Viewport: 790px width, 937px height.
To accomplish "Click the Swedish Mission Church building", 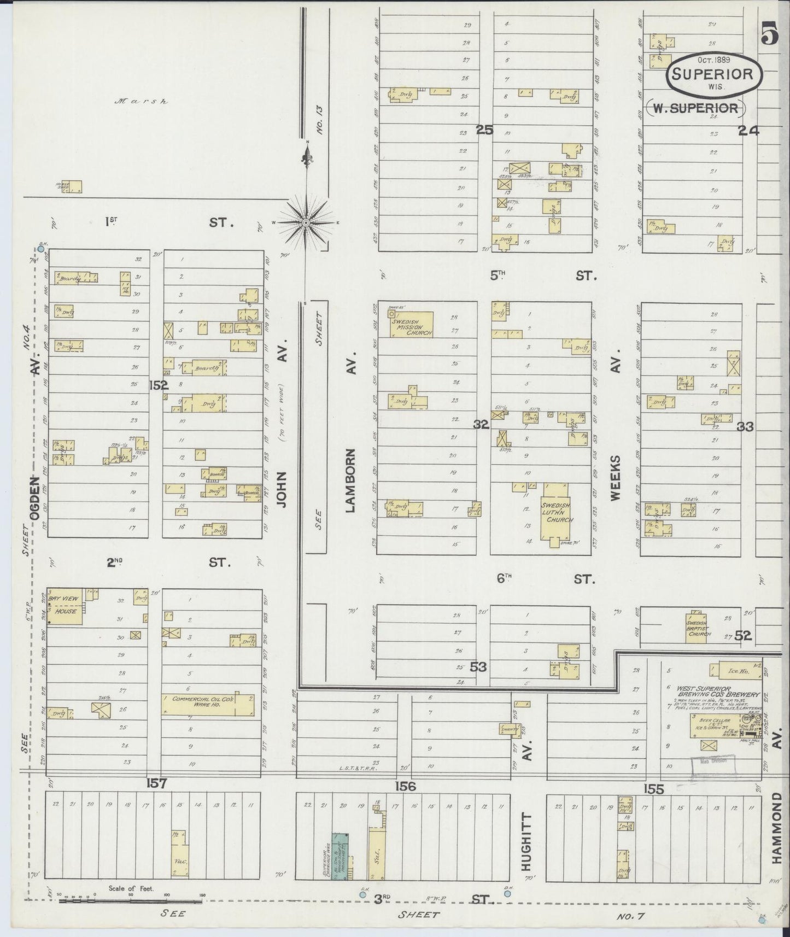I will [411, 325].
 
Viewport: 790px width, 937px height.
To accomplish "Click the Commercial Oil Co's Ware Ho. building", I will [208, 705].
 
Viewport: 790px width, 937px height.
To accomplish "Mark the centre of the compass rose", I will [307, 222].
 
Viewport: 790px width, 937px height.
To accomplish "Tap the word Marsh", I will [141, 102].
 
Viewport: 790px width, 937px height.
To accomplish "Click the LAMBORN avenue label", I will [352, 481].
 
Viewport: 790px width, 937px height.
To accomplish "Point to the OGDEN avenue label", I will [35, 497].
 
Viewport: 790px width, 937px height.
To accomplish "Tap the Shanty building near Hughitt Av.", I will [511, 729].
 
